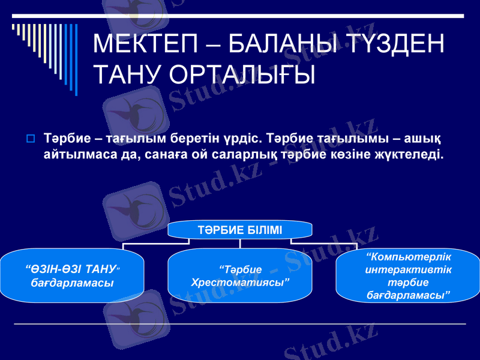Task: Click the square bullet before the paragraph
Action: tap(30, 139)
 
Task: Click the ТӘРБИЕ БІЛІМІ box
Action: tap(240, 230)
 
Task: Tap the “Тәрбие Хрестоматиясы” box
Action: tap(240, 275)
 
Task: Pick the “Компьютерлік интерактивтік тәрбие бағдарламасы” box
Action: tap(408, 275)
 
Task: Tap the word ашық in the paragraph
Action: tap(425, 139)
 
